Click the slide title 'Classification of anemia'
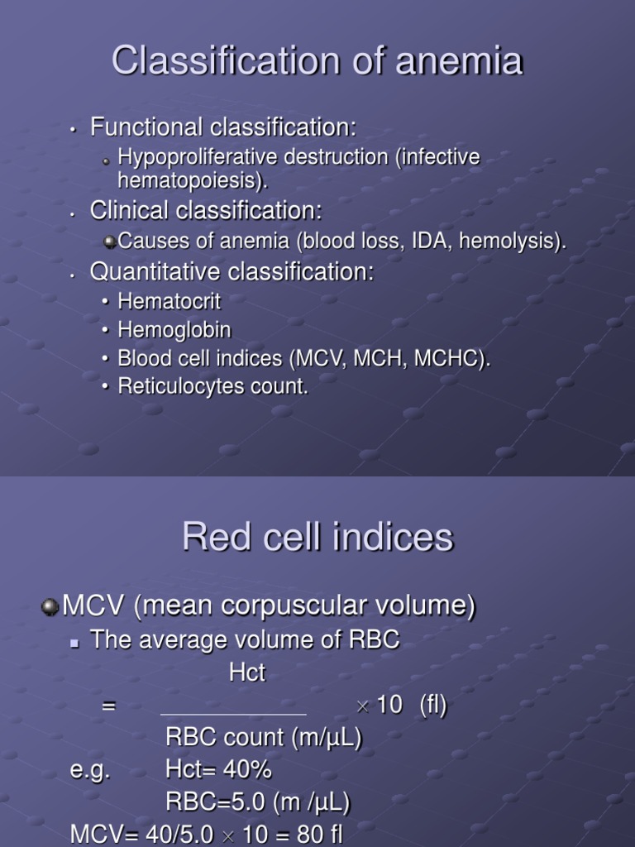(x=317, y=61)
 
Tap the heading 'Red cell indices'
(x=317, y=538)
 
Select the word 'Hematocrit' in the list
(x=169, y=301)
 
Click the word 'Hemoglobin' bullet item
(x=174, y=330)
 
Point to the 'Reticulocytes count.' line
(x=213, y=386)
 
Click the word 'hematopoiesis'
(x=190, y=179)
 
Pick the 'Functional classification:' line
(x=223, y=127)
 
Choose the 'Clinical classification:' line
(x=206, y=211)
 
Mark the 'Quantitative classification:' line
(x=232, y=271)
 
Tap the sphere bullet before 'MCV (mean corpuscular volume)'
(x=51, y=607)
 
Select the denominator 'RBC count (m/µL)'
(x=264, y=738)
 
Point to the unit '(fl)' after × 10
(x=433, y=706)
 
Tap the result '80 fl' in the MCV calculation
(x=319, y=835)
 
